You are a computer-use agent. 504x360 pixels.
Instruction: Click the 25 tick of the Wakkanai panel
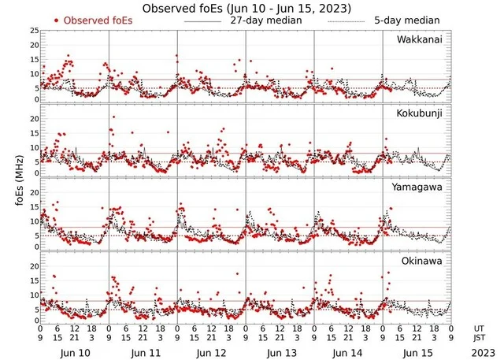point(33,30)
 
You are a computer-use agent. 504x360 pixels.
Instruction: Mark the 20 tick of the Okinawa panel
point(33,265)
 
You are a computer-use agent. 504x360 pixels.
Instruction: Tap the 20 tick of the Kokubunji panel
point(33,118)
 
